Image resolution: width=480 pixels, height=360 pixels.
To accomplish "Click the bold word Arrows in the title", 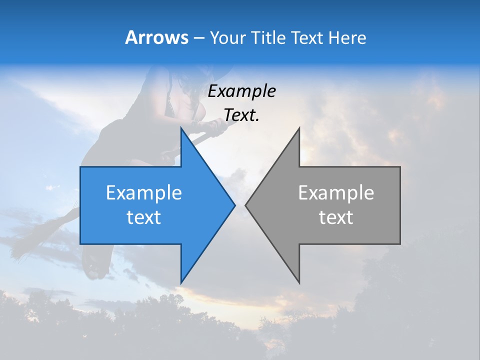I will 157,37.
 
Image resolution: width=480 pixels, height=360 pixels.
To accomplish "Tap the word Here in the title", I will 347,38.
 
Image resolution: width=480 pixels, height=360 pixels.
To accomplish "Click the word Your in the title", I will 228,38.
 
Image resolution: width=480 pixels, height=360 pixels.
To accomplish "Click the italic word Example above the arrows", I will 241,91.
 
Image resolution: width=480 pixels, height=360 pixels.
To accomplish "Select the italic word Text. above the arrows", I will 241,115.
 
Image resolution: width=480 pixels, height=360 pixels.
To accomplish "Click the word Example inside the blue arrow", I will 144,192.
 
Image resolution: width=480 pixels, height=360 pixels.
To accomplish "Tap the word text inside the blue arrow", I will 144,217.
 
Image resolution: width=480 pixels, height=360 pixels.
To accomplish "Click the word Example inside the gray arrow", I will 336,192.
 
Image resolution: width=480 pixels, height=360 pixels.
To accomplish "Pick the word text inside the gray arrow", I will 336,217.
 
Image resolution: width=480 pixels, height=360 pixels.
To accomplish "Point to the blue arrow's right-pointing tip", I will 234,205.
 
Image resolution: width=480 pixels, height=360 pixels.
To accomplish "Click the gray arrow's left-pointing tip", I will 245,205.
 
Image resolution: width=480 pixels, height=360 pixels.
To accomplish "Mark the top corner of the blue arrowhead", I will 181,128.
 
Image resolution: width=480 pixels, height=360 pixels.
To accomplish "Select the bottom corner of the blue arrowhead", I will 181,283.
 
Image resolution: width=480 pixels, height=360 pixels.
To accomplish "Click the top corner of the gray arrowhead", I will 299,128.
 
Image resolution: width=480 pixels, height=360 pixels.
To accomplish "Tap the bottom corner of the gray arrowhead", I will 299,283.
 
